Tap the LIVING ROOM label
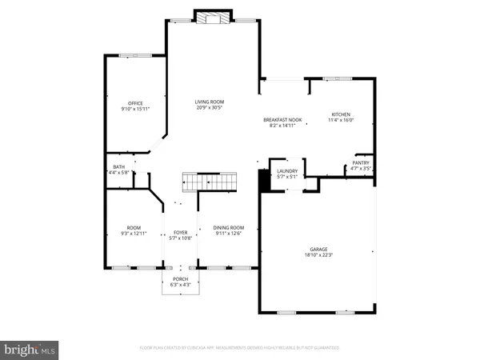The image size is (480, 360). tap(210, 102)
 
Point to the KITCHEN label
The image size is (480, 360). tap(341, 114)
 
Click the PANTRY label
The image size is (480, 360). tap(361, 163)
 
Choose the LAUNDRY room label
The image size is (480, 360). tap(287, 171)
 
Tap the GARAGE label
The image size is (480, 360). tap(319, 249)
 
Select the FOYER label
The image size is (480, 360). tap(180, 233)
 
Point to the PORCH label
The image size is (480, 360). tap(180, 279)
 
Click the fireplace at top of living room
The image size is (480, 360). tap(213, 18)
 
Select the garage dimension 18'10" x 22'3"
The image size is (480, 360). tap(319, 255)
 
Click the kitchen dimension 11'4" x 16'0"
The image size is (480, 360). tap(341, 121)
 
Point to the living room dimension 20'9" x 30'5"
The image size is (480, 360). tap(210, 108)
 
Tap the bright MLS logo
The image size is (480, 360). tap(30, 349)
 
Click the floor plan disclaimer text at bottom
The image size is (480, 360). tap(239, 348)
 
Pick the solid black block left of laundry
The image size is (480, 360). tap(262, 181)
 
